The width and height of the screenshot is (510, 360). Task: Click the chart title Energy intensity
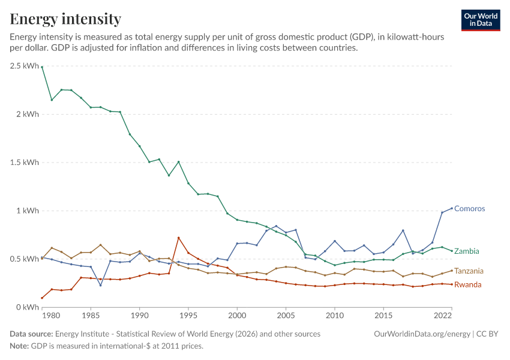[x=65, y=19]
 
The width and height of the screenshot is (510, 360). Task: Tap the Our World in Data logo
[x=481, y=20]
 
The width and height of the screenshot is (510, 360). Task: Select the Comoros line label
[x=469, y=208]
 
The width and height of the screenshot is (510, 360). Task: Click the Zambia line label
[x=466, y=251]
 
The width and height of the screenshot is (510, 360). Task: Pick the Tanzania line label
[x=469, y=271]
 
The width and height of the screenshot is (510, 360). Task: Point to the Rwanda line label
[x=468, y=284]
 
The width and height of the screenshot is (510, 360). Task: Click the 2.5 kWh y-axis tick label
[x=25, y=66]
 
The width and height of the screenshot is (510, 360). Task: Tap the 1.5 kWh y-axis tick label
[x=25, y=162]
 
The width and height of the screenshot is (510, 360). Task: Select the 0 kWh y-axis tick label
[x=28, y=307]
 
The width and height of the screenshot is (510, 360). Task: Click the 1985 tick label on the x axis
[x=91, y=316]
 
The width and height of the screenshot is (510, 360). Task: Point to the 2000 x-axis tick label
[x=237, y=316]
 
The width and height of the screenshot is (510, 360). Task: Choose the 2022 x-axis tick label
[x=443, y=316]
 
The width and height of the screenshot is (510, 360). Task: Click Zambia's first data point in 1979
[x=42, y=67]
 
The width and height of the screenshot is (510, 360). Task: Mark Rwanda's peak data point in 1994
[x=179, y=238]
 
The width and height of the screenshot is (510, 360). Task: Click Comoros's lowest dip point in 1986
[x=101, y=285]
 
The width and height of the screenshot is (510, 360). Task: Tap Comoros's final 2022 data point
[x=452, y=208]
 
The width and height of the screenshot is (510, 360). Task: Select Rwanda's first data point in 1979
[x=42, y=298]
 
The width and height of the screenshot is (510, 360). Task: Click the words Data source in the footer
[x=31, y=334]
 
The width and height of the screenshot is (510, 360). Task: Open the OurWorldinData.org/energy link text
[x=422, y=334]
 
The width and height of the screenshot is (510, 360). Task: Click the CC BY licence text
[x=487, y=334]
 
